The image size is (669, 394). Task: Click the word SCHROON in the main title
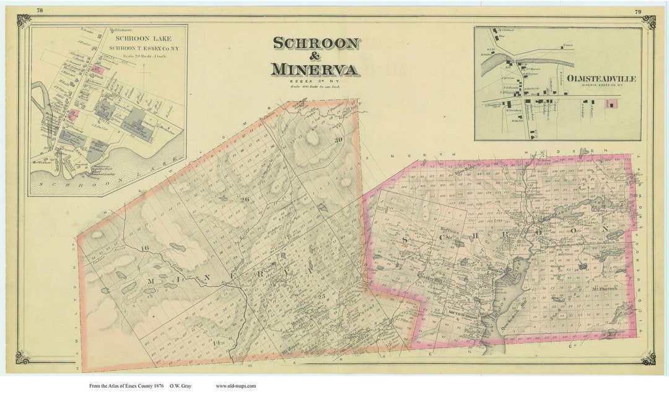coord(316,43)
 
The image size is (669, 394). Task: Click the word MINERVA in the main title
coord(315,69)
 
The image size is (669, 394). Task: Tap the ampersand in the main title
coord(315,56)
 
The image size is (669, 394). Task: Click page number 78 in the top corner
coord(40,11)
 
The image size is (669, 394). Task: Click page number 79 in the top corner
coord(637,12)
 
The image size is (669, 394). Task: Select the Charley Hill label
coord(413,276)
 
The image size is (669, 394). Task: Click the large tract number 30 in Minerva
coord(338,140)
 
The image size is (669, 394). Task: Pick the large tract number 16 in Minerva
coord(145,248)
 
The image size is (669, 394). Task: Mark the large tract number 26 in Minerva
coord(245,199)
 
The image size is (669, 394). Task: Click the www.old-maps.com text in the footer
coord(235,386)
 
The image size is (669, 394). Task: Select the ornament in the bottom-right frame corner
coord(648,357)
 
